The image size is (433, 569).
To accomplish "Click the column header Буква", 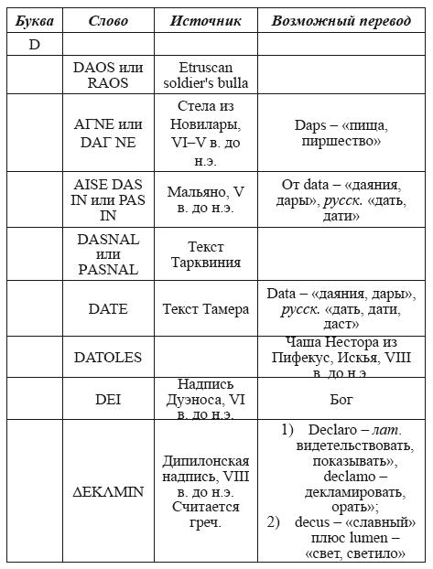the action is [33, 20].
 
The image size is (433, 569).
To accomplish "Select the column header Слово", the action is [108, 20].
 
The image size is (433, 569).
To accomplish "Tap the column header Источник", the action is [206, 20].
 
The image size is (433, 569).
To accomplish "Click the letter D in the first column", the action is [33, 44].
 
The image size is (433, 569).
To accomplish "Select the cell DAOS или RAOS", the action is [108, 74].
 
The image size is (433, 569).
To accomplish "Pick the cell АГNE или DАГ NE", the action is [108, 134].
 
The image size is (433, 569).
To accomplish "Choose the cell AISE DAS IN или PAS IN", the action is [108, 200].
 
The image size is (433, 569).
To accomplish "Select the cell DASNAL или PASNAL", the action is [108, 254].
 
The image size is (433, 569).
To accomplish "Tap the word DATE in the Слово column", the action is [108, 309].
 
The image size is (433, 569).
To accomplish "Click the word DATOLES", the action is [108, 357].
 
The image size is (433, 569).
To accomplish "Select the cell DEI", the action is [108, 400].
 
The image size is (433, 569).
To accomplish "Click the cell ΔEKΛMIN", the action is [108, 491].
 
